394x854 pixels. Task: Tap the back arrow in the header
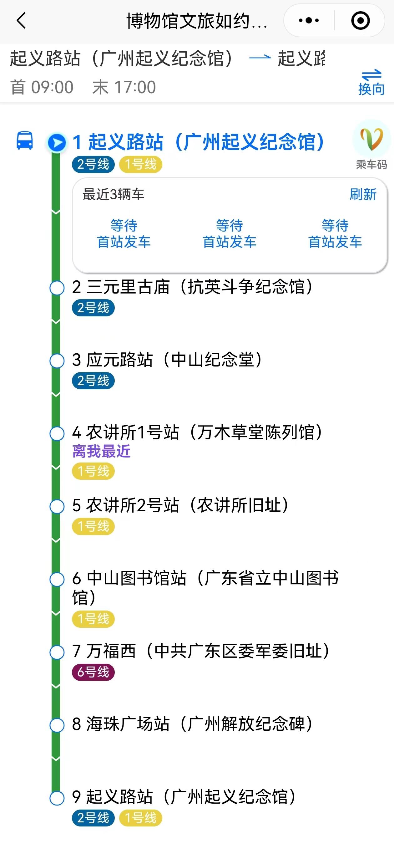(21, 21)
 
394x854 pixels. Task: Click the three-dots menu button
(309, 21)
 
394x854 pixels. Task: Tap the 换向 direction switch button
(371, 83)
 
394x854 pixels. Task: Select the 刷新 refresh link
(363, 195)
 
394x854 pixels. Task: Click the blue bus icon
(25, 141)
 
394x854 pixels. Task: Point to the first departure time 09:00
(52, 88)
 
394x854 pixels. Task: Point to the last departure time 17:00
(134, 88)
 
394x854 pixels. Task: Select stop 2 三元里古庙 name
(192, 287)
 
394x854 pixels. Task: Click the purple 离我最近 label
(101, 452)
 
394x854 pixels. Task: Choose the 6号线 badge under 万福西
(93, 672)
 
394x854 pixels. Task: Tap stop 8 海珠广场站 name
(192, 724)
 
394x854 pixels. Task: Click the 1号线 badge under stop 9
(140, 818)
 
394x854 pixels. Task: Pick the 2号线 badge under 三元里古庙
(93, 308)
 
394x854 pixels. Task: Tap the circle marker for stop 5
(57, 507)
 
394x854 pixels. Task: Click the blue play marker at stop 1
(57, 143)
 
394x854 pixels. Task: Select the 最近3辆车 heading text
(113, 195)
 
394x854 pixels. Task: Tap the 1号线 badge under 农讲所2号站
(93, 526)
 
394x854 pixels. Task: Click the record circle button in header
(360, 21)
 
